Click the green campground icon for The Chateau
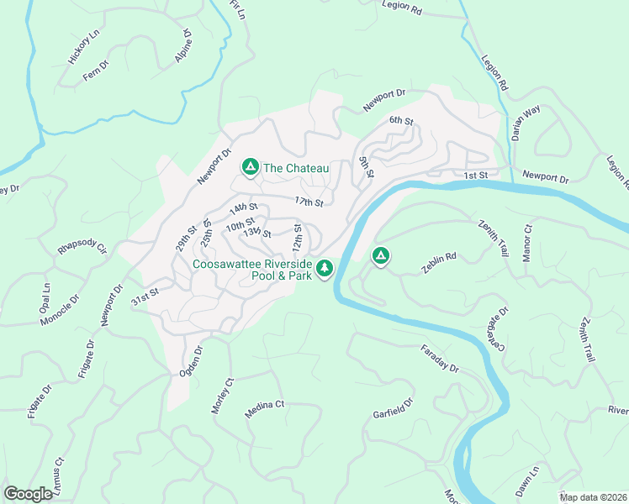250,167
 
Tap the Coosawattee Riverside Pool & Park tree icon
325,269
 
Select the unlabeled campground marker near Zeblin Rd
380,255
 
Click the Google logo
28,494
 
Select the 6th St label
402,121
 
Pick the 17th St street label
309,202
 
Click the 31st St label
145,296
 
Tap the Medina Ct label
265,406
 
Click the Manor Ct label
528,243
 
